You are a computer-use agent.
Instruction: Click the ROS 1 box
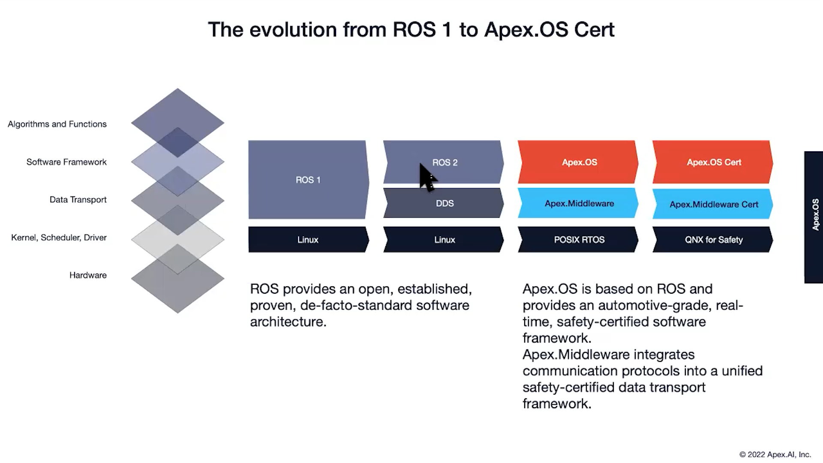click(308, 180)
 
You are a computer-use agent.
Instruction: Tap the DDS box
click(445, 203)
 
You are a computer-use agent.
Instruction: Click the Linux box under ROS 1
click(308, 240)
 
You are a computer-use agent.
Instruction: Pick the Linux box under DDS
click(445, 240)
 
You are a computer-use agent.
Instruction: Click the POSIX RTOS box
click(579, 240)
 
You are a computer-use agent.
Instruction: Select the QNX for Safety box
click(713, 240)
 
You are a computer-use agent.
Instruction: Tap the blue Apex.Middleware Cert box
click(713, 204)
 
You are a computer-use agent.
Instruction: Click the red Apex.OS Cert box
click(713, 162)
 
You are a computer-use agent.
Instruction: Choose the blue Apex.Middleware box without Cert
click(579, 203)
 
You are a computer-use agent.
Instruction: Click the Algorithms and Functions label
click(57, 124)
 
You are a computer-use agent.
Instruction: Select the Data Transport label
click(78, 199)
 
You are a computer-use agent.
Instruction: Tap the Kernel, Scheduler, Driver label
click(59, 237)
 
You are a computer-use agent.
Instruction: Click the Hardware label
click(88, 275)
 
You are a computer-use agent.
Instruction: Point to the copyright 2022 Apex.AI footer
click(775, 454)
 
